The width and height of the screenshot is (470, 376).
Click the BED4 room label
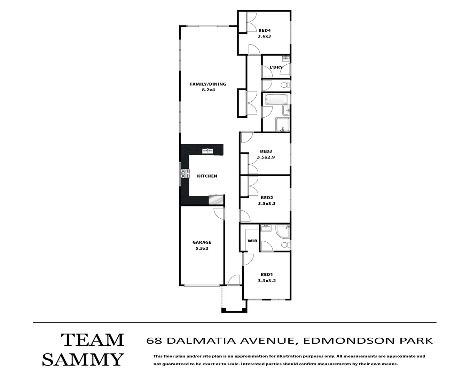(x=264, y=30)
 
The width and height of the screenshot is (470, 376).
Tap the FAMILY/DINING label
(x=208, y=84)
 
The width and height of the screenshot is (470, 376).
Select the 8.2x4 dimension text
(x=208, y=90)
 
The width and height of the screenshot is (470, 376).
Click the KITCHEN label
(x=207, y=176)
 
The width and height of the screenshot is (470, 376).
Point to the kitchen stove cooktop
(x=185, y=173)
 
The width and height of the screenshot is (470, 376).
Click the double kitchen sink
(x=208, y=151)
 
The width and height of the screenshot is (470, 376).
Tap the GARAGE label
(x=202, y=242)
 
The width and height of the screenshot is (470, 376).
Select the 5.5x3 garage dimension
(x=202, y=249)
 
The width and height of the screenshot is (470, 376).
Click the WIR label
(x=252, y=241)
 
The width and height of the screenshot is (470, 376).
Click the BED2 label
(x=267, y=198)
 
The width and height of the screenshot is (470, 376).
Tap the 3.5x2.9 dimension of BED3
(x=266, y=157)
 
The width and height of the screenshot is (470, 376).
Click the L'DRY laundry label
(x=276, y=67)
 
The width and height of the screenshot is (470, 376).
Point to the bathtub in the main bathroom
(x=276, y=100)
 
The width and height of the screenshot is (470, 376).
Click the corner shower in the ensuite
(x=282, y=231)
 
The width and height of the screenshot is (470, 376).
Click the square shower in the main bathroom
(x=282, y=125)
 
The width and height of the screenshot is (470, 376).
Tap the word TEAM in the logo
(x=93, y=340)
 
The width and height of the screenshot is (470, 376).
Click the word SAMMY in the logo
(x=83, y=359)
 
